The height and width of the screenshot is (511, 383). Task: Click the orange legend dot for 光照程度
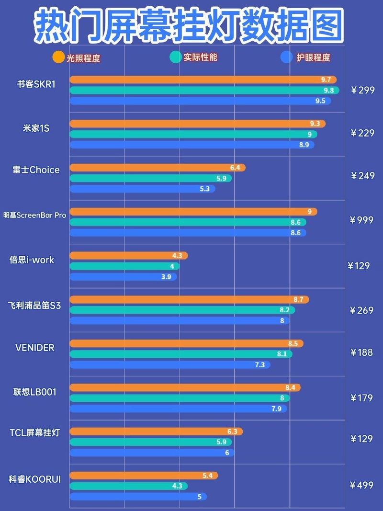(x=58, y=57)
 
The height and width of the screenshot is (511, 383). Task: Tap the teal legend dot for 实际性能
(x=176, y=57)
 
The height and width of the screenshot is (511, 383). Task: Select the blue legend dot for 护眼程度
(x=287, y=57)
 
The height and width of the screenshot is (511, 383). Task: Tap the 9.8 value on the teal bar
(x=328, y=91)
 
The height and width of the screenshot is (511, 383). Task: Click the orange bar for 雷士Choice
(x=157, y=168)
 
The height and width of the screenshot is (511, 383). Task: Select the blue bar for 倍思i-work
(x=123, y=277)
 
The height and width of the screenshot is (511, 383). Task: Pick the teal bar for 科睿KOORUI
(x=128, y=486)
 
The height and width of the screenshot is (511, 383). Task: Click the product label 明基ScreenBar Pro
(x=34, y=216)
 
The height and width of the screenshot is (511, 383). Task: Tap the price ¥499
(x=361, y=485)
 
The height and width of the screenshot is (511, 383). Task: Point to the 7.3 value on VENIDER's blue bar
(x=259, y=365)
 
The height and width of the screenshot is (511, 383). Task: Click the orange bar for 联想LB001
(x=185, y=387)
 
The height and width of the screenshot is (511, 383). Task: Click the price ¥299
(x=362, y=90)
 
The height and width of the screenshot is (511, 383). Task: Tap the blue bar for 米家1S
(x=191, y=145)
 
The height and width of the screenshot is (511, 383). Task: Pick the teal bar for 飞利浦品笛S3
(x=182, y=310)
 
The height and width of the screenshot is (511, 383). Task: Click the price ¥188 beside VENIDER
(x=361, y=352)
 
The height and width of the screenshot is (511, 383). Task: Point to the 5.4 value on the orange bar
(x=207, y=476)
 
